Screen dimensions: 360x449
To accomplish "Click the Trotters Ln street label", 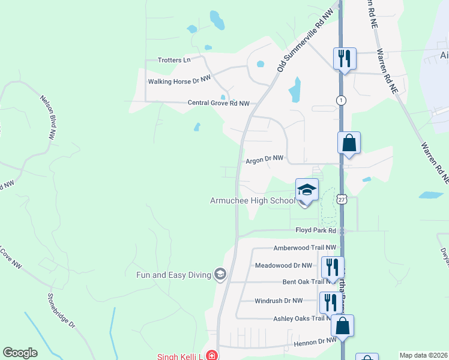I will (x=173, y=60).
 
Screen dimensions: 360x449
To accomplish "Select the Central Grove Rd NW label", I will (x=218, y=103).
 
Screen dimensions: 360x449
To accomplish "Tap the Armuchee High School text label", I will (x=252, y=200).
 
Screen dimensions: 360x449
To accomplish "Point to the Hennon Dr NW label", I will (x=316, y=341).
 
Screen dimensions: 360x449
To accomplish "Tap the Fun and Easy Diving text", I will (x=173, y=275).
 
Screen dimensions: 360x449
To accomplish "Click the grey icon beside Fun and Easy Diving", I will (x=220, y=275).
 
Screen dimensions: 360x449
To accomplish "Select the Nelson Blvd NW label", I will (x=47, y=117).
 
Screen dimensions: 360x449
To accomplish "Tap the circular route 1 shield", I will (x=341, y=100).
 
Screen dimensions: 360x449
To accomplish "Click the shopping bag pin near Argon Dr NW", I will (x=349, y=144).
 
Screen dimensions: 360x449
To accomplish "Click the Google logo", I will (x=20, y=353).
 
